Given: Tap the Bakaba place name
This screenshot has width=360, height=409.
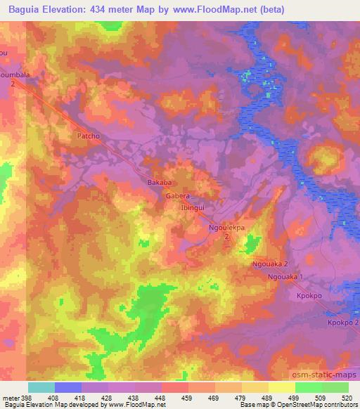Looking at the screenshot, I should tap(159, 182).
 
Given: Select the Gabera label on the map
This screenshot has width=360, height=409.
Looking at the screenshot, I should tap(179, 197).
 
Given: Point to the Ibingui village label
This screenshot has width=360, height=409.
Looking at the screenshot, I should tap(193, 209).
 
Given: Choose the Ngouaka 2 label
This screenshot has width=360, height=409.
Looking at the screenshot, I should tap(269, 264).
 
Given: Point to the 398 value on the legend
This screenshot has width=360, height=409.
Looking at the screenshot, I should tap(27, 397).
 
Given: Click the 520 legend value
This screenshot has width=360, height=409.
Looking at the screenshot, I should tap(348, 397).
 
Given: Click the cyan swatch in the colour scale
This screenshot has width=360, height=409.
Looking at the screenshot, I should tap(41, 387).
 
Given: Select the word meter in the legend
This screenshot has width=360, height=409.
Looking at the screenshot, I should tap(11, 397).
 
